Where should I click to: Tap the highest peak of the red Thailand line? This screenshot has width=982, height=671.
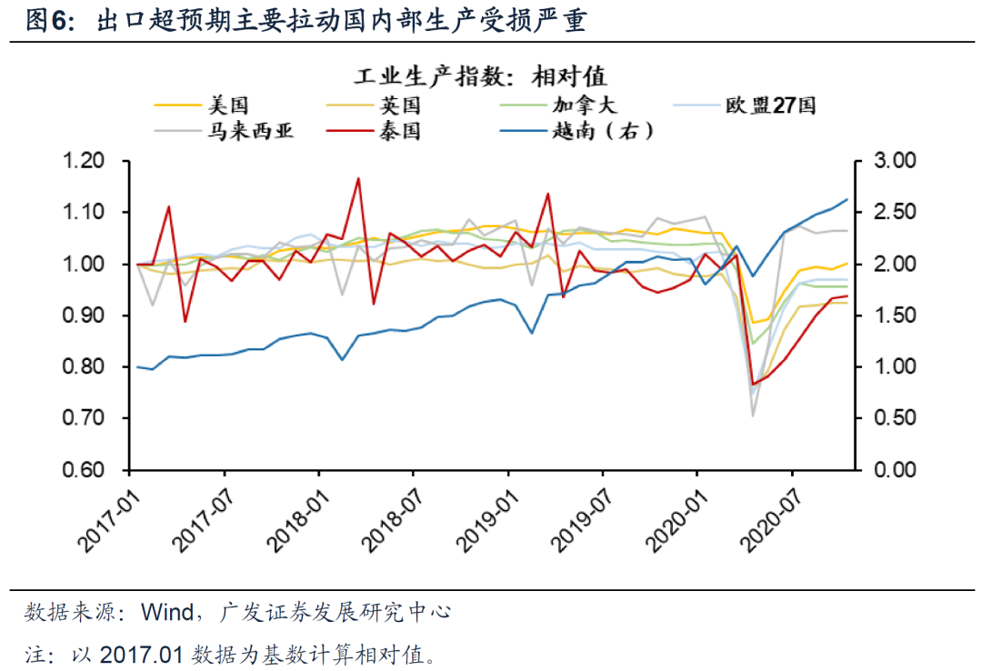click(358, 178)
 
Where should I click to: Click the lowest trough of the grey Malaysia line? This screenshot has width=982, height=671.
click(754, 416)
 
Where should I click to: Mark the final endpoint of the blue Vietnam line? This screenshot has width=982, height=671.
click(847, 199)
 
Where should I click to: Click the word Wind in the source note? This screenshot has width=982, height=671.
click(166, 611)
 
